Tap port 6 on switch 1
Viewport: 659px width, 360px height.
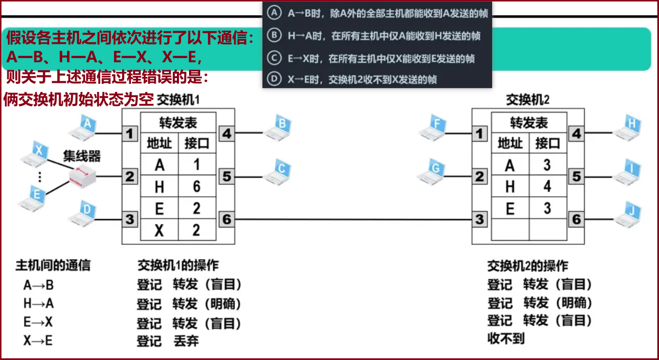(227, 219)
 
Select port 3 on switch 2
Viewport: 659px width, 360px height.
(479, 219)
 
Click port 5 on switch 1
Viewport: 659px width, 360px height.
(227, 176)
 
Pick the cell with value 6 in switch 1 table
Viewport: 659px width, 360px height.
(196, 186)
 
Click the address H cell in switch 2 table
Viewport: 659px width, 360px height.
(510, 186)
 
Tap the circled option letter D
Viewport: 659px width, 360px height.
(273, 79)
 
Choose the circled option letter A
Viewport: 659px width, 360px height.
(273, 14)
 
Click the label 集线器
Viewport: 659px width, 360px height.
(82, 156)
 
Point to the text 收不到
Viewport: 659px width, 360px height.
(506, 338)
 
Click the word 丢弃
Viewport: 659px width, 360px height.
(186, 341)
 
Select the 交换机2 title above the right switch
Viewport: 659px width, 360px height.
(528, 100)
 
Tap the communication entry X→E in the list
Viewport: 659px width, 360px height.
(38, 340)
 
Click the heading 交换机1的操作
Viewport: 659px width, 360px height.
(178, 264)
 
